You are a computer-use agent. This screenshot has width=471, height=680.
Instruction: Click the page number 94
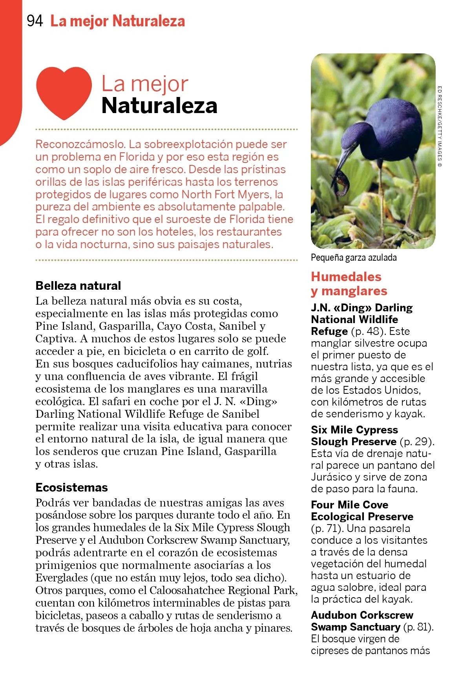coord(35,21)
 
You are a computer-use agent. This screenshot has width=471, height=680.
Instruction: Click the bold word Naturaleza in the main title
coord(159,106)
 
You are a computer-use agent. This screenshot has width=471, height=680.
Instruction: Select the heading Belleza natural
coord(78,285)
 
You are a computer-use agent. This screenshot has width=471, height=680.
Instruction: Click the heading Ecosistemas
coord(71,487)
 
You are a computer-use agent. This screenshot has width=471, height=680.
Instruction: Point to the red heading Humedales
coord(346,277)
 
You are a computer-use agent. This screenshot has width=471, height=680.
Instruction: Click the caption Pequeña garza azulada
coord(354,258)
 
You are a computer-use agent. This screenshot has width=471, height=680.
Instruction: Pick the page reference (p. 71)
coord(327,528)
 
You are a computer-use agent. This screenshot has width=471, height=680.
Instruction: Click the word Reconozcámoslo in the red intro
coord(80,144)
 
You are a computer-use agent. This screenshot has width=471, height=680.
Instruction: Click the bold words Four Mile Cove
coord(349,505)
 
